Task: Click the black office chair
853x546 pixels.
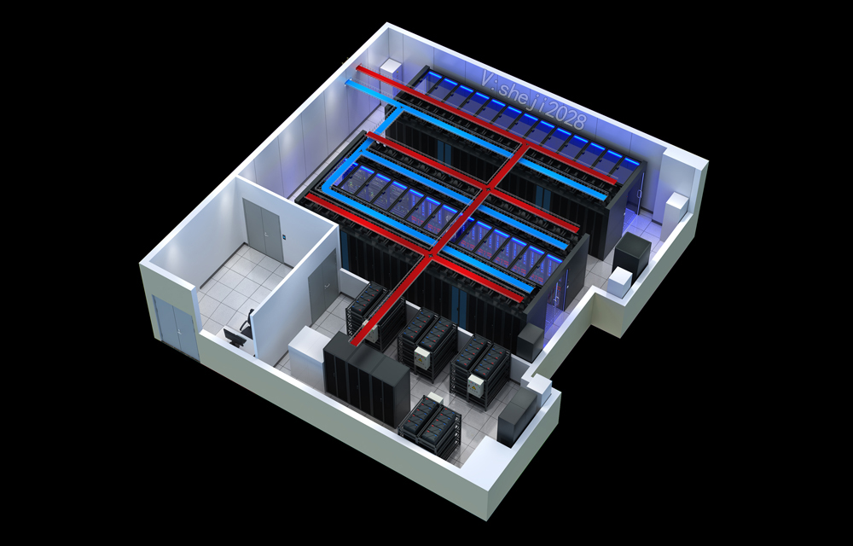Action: (247, 323)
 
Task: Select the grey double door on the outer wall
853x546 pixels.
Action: (175, 326)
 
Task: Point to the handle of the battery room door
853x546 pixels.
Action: (325, 285)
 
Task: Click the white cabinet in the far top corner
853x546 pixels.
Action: (391, 69)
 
